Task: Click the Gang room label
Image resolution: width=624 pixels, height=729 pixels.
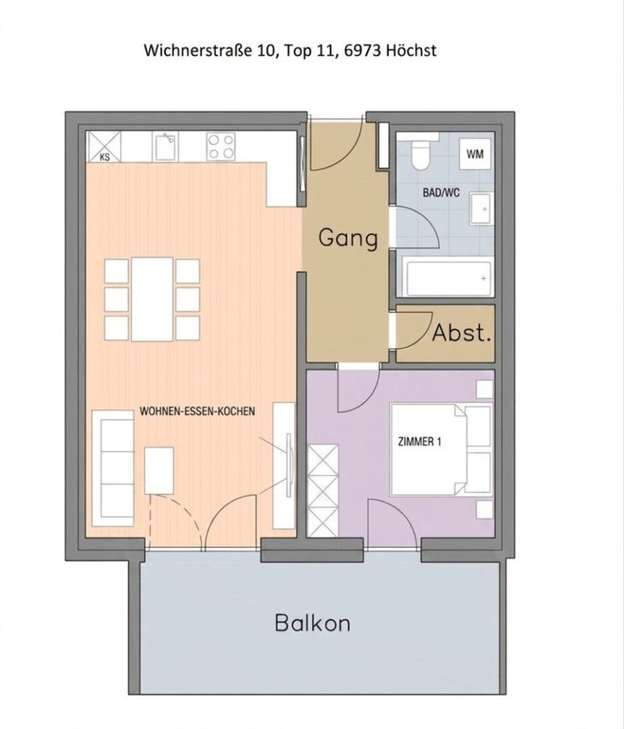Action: [x=348, y=238]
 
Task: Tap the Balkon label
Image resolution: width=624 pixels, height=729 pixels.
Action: [x=312, y=623]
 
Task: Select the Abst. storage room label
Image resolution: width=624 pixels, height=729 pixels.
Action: [x=461, y=333]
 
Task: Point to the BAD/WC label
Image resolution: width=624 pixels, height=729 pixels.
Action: [x=441, y=192]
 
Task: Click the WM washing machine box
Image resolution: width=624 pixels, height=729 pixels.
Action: [x=475, y=154]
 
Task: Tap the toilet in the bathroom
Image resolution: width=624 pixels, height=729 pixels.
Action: [x=421, y=153]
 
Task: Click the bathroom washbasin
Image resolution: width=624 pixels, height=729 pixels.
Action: [x=481, y=209]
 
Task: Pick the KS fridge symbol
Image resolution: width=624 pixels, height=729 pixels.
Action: [x=105, y=147]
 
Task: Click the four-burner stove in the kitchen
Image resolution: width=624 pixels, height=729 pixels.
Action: [x=220, y=147]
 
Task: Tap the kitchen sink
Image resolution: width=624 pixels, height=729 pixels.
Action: [x=165, y=147]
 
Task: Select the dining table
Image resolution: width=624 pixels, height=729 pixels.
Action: [x=153, y=299]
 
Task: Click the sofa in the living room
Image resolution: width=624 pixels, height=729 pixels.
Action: [x=112, y=468]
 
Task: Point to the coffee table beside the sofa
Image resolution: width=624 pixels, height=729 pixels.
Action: [x=159, y=471]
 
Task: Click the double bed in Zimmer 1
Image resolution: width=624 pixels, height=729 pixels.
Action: [x=441, y=450]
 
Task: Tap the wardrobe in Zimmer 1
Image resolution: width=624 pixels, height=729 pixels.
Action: [x=323, y=491]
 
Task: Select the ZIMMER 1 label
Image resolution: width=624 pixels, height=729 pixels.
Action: [x=419, y=442]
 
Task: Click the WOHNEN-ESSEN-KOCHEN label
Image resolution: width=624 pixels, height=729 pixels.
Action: [x=197, y=411]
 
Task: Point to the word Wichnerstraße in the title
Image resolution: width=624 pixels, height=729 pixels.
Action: [x=198, y=51]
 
